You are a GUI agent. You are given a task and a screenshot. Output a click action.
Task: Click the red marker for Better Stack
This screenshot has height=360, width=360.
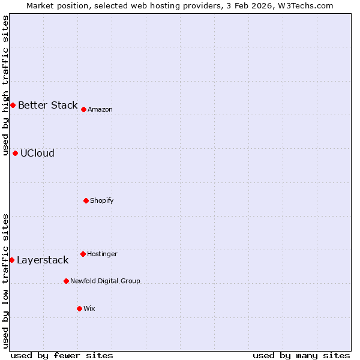(x=13, y=105)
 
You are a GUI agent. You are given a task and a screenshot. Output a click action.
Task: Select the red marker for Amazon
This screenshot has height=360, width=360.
(x=83, y=109)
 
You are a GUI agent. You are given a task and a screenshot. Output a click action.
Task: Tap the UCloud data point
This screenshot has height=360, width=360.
(x=15, y=153)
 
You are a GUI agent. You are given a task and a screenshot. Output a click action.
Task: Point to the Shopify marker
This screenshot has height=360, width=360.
(x=86, y=200)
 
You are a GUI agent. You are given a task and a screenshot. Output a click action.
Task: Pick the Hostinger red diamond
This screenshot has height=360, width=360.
(x=83, y=254)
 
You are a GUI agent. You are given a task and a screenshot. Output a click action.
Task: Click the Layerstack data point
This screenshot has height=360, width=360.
(x=11, y=260)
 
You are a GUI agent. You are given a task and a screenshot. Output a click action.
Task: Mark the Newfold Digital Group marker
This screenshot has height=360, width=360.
(x=66, y=281)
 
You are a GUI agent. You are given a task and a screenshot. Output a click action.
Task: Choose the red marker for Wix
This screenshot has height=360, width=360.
(x=79, y=308)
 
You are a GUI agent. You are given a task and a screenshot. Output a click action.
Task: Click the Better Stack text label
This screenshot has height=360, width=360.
(x=47, y=105)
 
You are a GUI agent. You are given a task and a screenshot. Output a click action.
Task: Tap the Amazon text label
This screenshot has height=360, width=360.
(x=100, y=109)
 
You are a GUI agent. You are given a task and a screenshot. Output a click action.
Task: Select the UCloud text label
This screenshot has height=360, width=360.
(x=37, y=153)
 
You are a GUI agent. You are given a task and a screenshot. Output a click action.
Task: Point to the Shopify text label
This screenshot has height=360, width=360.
(x=102, y=200)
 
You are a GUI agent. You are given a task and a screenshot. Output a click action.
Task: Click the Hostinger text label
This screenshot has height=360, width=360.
(x=102, y=254)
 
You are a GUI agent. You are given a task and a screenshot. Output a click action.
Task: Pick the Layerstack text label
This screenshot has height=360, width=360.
(x=43, y=260)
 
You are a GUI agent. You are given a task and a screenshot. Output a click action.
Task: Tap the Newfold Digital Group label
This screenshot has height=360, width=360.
(x=105, y=281)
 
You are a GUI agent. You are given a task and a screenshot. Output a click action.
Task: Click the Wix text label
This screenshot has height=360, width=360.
(x=89, y=308)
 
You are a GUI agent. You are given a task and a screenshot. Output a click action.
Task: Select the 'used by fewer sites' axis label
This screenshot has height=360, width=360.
(x=62, y=355)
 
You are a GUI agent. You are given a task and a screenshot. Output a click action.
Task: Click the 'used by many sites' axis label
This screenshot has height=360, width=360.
(x=301, y=355)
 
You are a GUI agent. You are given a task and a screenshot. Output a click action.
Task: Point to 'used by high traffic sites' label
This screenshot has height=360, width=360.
(x=6, y=86)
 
